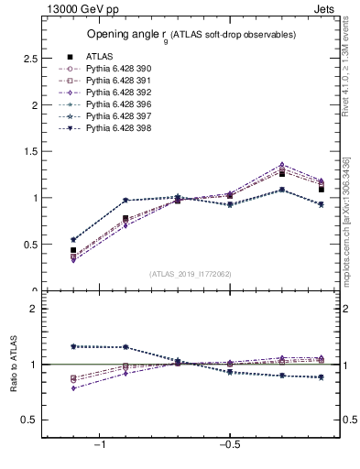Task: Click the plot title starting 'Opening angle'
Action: tap(191, 34)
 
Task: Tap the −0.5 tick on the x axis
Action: tap(228, 445)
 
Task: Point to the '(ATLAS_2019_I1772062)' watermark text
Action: tap(191, 273)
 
